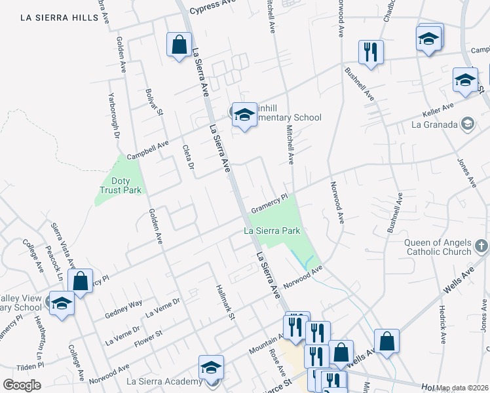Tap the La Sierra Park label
click(x=272, y=231)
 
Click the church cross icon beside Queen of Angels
click(x=481, y=246)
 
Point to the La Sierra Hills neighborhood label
click(x=59, y=18)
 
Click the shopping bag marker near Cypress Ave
click(x=179, y=46)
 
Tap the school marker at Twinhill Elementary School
click(x=244, y=115)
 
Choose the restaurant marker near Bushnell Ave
click(x=370, y=52)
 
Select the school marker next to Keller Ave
click(x=465, y=80)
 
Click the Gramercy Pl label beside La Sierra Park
click(x=269, y=201)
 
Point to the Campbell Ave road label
click(x=148, y=151)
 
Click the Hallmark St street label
click(x=226, y=303)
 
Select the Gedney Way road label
click(x=123, y=310)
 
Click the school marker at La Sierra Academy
click(x=211, y=368)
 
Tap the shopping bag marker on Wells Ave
click(x=387, y=341)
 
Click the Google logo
click(x=22, y=385)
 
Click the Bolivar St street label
click(x=155, y=102)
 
